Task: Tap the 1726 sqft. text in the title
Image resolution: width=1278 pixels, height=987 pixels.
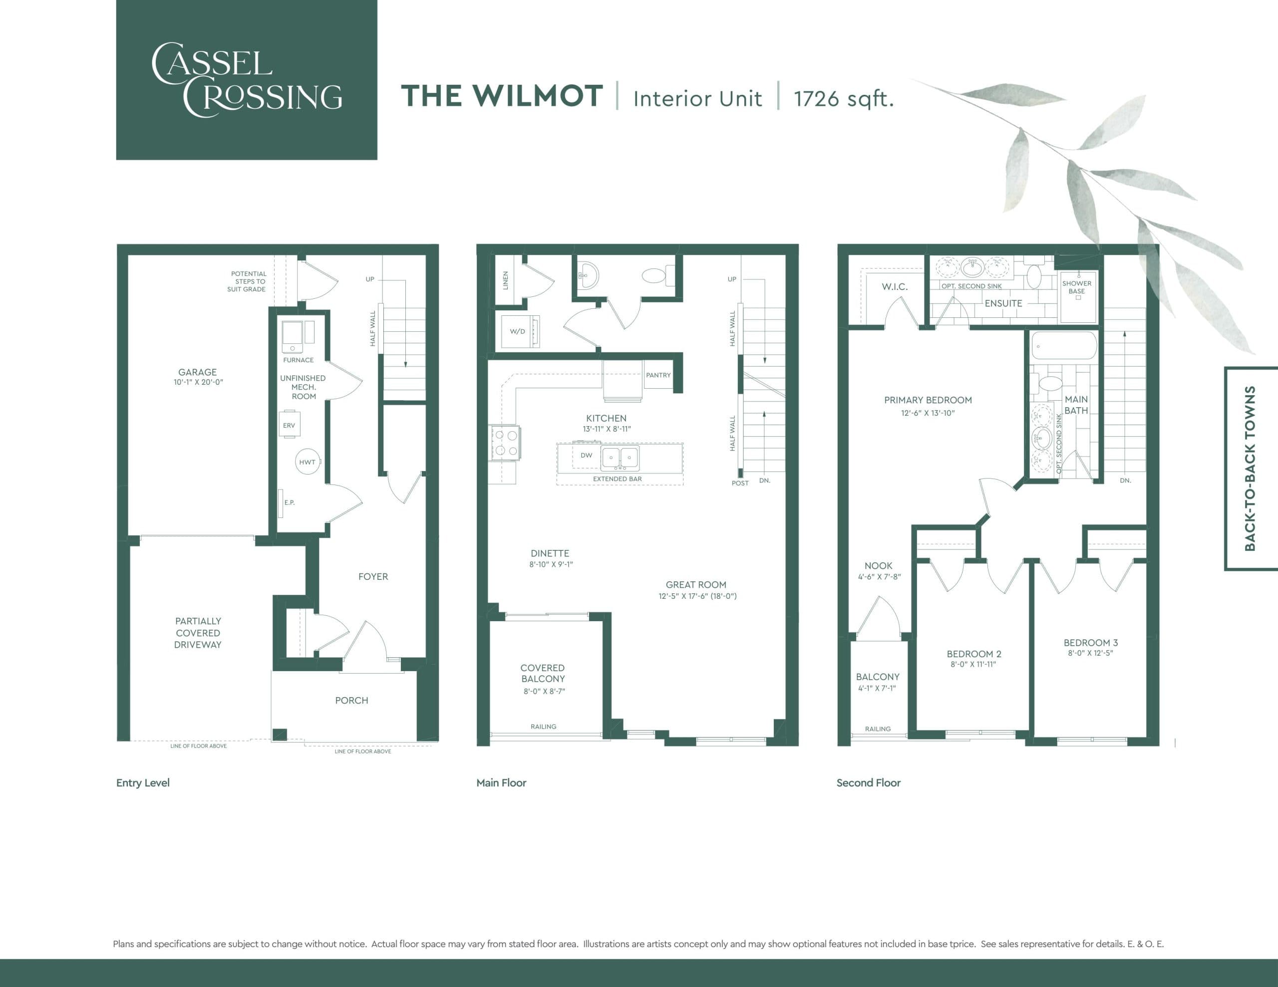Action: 843,98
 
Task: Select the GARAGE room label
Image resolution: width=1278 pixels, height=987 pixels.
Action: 197,372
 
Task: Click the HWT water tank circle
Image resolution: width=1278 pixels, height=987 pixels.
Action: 307,462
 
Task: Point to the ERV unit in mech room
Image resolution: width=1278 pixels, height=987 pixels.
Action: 290,425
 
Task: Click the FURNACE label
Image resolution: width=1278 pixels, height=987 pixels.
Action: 298,360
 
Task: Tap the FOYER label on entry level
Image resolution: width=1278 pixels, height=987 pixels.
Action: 373,576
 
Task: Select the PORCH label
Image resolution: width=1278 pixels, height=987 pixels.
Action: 351,700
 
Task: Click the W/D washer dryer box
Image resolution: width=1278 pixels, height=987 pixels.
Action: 517,331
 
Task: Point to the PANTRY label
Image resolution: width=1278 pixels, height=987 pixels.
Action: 658,375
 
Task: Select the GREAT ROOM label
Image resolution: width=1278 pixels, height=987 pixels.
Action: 696,584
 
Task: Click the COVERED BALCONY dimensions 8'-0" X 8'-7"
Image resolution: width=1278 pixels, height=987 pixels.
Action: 544,691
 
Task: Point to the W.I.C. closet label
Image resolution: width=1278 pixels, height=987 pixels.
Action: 895,287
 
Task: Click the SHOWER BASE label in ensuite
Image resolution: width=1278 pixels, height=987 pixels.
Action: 1077,287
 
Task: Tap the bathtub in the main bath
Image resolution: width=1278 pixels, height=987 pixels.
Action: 1064,346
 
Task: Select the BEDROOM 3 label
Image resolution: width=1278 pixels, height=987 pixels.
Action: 1090,642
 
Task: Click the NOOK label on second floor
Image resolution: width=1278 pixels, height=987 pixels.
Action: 878,566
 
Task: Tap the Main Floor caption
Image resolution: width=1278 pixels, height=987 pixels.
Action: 501,783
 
